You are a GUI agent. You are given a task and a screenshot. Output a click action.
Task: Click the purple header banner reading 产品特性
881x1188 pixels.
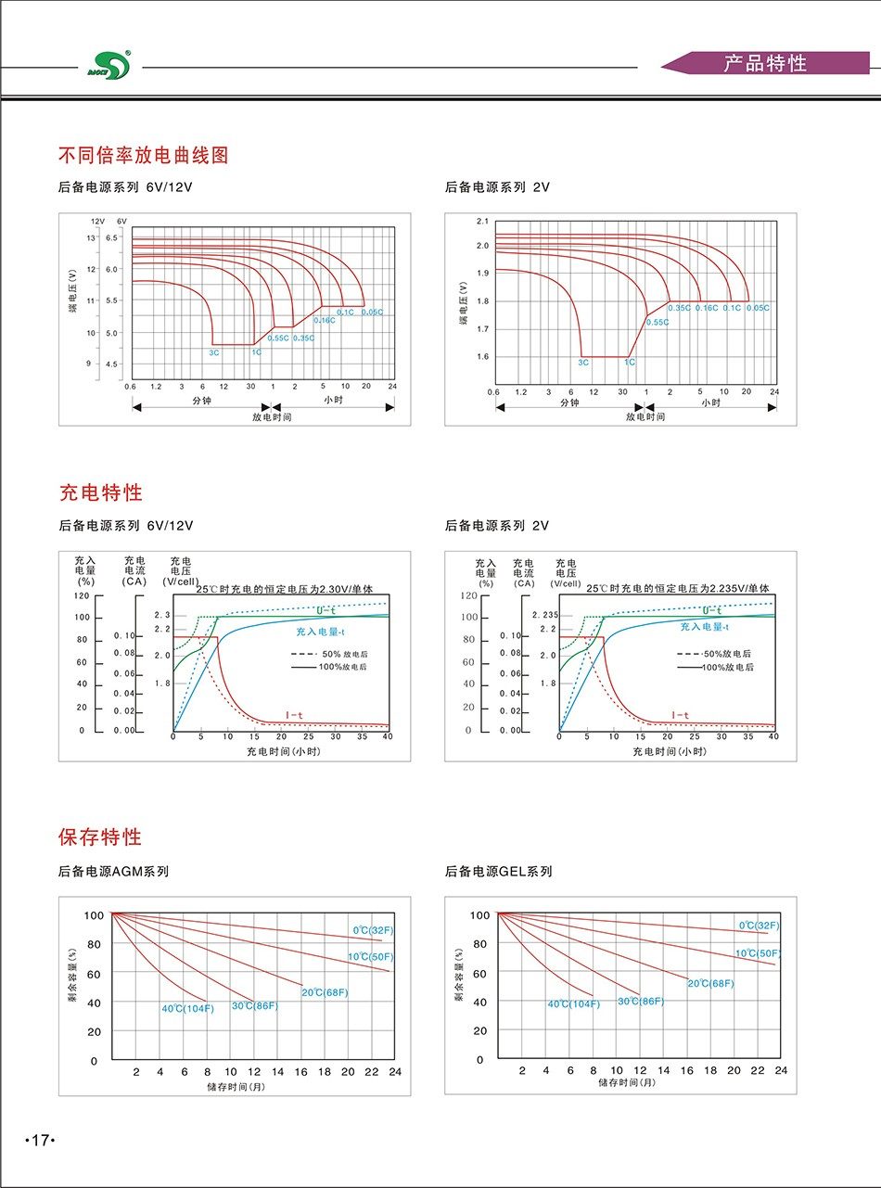(765, 64)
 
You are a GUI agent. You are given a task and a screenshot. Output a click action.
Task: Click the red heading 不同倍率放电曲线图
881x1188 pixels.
(144, 155)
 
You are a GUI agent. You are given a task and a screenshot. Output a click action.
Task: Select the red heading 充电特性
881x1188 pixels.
(101, 492)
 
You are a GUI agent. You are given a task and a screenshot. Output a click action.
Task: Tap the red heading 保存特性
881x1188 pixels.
(100, 837)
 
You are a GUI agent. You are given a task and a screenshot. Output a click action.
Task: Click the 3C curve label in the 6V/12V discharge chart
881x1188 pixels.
(214, 352)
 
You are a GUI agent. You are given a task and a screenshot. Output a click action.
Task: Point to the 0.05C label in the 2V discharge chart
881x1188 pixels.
(758, 308)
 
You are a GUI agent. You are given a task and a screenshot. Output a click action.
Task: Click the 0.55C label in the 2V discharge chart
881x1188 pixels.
(657, 322)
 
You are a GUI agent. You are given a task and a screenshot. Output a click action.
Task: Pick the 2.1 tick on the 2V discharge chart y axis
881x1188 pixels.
(481, 222)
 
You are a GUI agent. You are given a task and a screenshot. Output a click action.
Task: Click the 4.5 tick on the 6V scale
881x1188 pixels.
(111, 364)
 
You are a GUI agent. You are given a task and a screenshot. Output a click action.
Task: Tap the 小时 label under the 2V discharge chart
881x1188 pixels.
(710, 402)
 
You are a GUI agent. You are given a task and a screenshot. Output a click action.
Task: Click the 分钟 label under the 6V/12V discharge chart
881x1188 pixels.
(202, 401)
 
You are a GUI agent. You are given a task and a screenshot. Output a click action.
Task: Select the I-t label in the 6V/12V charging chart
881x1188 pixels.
(294, 715)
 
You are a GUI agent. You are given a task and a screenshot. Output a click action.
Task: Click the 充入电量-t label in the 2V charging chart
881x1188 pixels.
(704, 628)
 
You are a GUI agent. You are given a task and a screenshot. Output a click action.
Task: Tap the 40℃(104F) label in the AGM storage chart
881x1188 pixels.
(187, 1008)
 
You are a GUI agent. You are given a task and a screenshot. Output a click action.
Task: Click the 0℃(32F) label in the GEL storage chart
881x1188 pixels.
(759, 926)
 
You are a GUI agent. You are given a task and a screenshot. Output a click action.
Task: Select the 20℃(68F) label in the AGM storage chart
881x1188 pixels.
(325, 992)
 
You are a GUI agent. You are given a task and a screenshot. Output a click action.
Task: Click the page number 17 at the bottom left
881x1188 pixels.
(40, 1140)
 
